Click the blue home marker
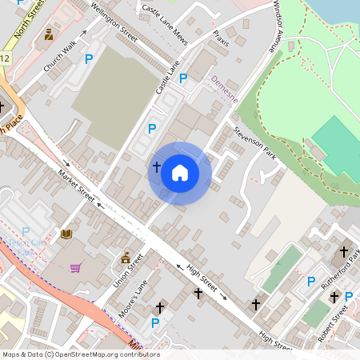click(180, 172)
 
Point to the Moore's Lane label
click(134, 301)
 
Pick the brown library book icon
click(66, 234)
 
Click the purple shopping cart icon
click(76, 268)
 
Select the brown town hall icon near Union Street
click(126, 258)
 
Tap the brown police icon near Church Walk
click(49, 34)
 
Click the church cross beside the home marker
click(156, 166)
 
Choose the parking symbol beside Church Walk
click(89, 58)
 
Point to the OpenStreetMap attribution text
click(80, 354)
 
